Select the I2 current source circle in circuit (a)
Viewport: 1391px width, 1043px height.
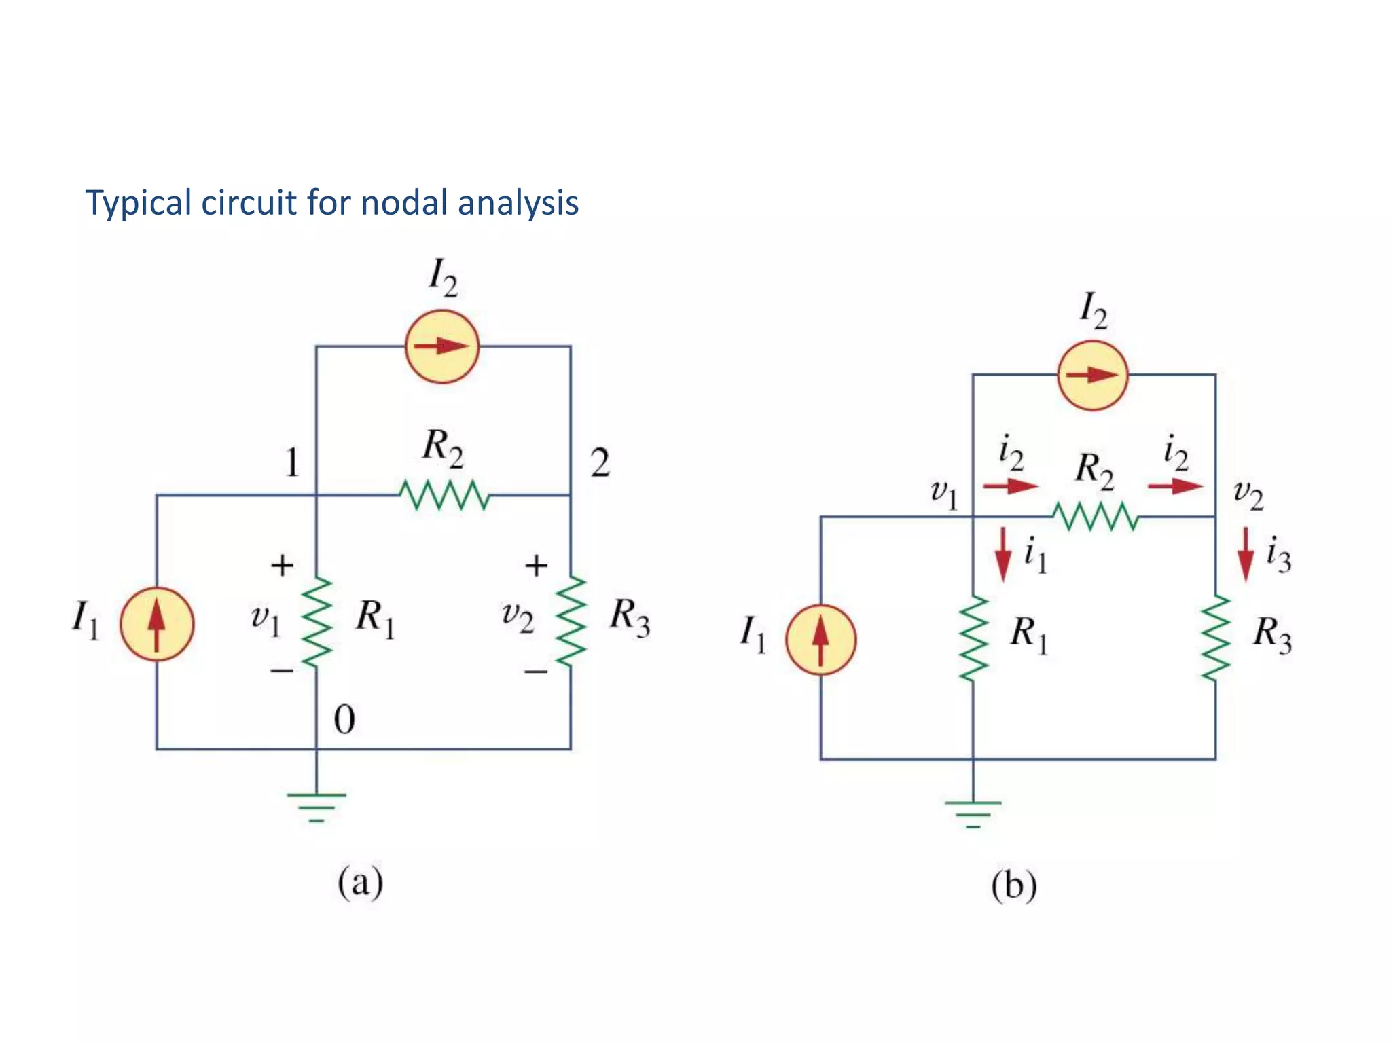[x=442, y=347]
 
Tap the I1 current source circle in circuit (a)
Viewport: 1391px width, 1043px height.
[x=157, y=624]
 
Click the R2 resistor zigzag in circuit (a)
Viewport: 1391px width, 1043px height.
[x=444, y=495]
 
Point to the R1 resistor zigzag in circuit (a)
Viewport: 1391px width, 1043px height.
[x=317, y=622]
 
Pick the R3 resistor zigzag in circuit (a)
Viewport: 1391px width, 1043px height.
[x=571, y=621]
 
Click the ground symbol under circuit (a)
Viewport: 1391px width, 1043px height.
[x=317, y=805]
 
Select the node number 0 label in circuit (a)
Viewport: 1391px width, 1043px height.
[x=344, y=720]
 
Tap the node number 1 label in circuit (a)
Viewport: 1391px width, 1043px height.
[x=292, y=464]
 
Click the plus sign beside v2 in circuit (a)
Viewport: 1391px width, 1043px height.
[x=537, y=565]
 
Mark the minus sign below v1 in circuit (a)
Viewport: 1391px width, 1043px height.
[x=282, y=671]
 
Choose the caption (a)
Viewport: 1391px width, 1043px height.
[x=361, y=883]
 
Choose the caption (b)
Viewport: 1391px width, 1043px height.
[x=1013, y=886]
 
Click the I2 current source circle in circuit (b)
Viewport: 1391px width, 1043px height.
[x=1093, y=375]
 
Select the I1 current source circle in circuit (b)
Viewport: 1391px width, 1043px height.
[x=821, y=640]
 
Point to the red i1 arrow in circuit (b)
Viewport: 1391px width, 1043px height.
[x=1003, y=554]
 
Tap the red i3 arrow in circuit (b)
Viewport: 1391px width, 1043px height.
[x=1245, y=554]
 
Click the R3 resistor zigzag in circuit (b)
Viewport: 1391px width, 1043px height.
[x=1215, y=638]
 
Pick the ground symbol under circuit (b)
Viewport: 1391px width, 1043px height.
[x=973, y=813]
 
